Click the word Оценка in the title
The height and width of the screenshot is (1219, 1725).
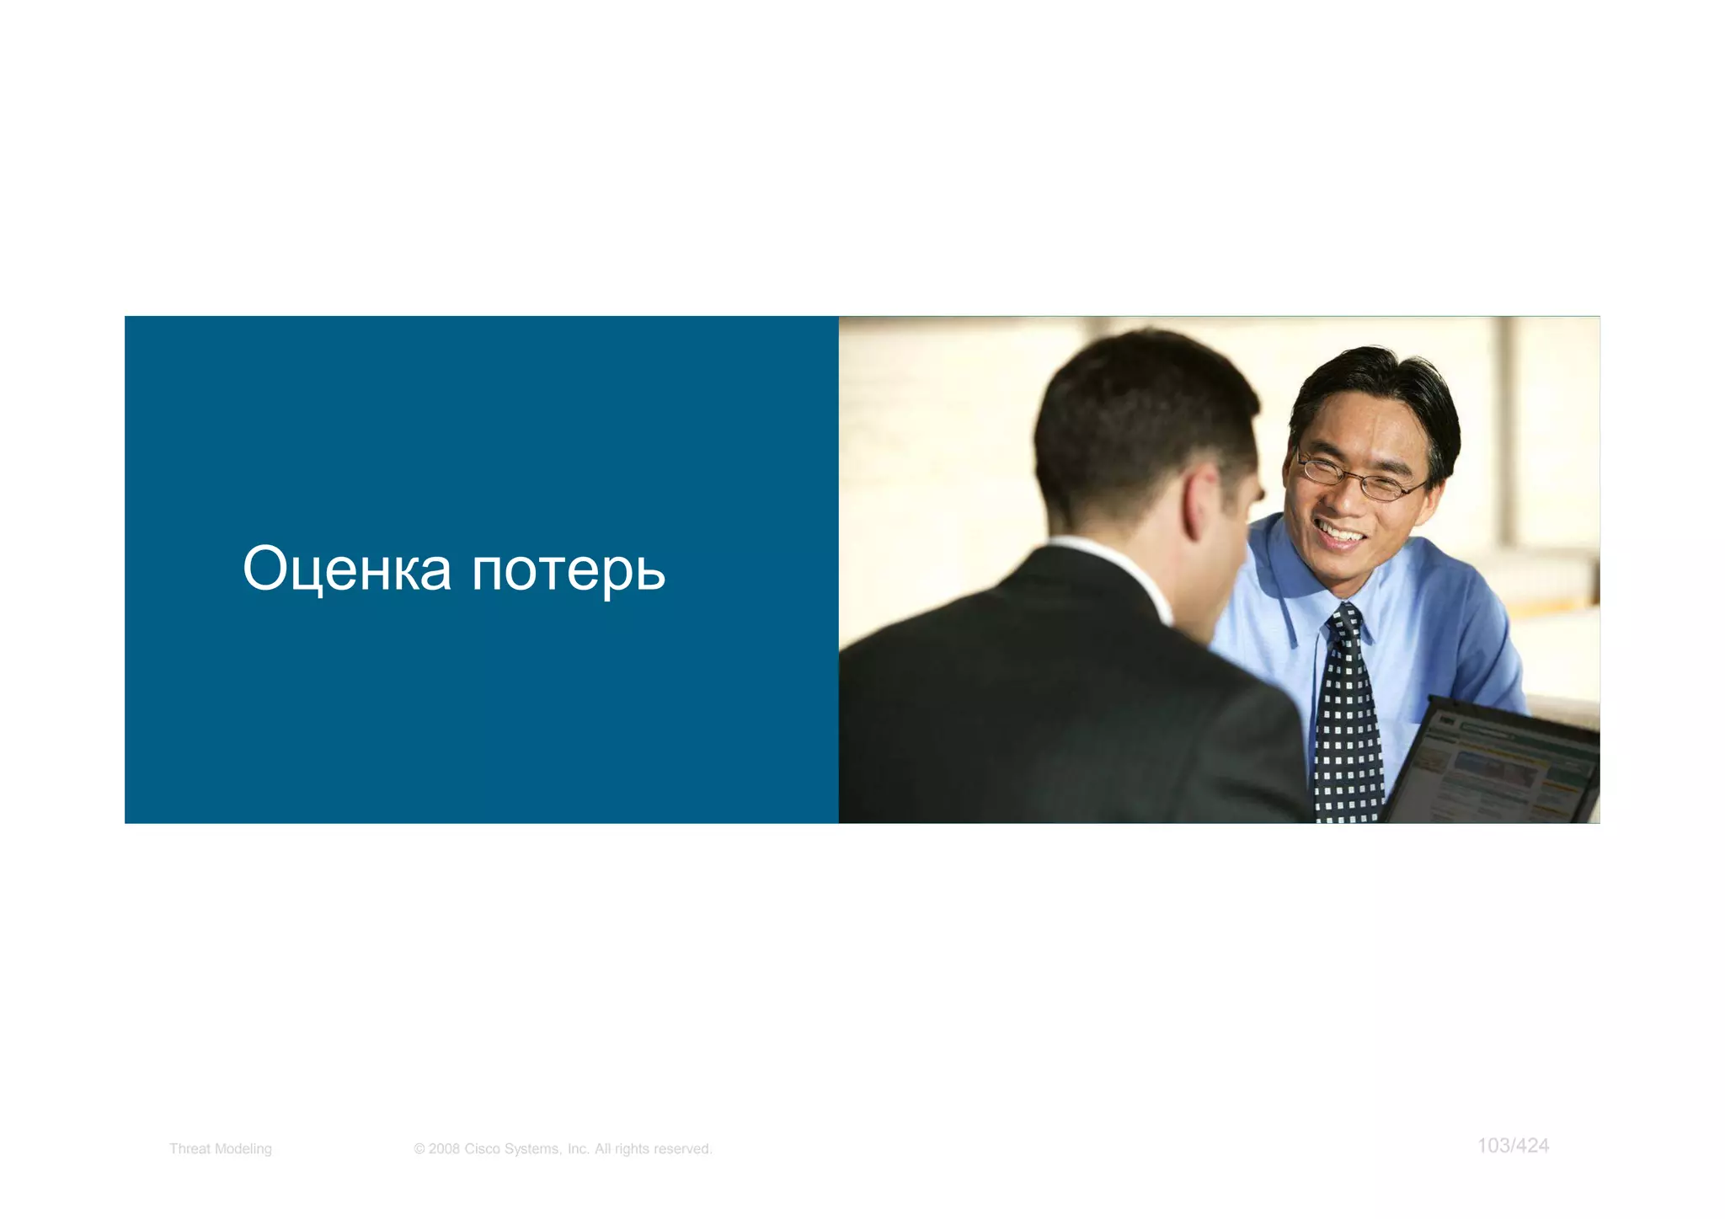coord(346,569)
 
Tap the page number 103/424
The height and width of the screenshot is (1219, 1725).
coord(1513,1146)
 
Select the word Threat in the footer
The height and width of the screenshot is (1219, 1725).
coord(189,1149)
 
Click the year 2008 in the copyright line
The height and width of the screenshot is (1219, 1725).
coord(444,1149)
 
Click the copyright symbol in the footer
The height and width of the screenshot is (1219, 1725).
coord(419,1149)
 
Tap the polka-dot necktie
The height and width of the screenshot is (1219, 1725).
coord(1348,716)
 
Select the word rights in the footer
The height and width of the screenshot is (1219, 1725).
coord(632,1149)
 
